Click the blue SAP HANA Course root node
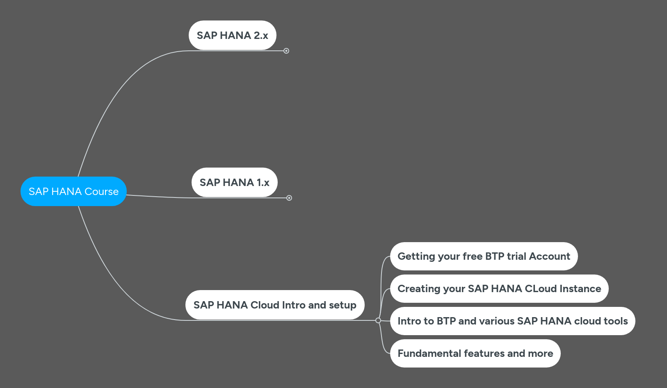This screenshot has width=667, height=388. pyautogui.click(x=73, y=191)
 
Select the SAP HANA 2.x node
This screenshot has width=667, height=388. pyautogui.click(x=232, y=35)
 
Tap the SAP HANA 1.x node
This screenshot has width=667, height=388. pyautogui.click(x=234, y=182)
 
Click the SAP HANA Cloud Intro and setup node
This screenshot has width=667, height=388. pyautogui.click(x=274, y=305)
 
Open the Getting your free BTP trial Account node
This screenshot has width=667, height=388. pyautogui.click(x=484, y=256)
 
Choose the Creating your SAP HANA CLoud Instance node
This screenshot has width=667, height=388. pyautogui.click(x=499, y=288)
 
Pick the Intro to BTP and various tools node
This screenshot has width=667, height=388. pyautogui.click(x=512, y=321)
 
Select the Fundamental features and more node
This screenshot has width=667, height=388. pyautogui.click(x=475, y=353)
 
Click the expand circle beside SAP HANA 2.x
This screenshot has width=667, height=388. pyautogui.click(x=286, y=51)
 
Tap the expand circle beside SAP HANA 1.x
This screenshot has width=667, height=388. pyautogui.click(x=289, y=198)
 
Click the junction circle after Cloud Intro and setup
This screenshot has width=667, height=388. pyautogui.click(x=378, y=320)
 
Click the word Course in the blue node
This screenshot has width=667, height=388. pyautogui.click(x=101, y=191)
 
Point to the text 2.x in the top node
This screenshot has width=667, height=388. pyautogui.click(x=260, y=35)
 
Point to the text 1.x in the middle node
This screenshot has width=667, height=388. pyautogui.click(x=263, y=182)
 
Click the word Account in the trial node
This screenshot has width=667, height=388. pyautogui.click(x=549, y=256)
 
